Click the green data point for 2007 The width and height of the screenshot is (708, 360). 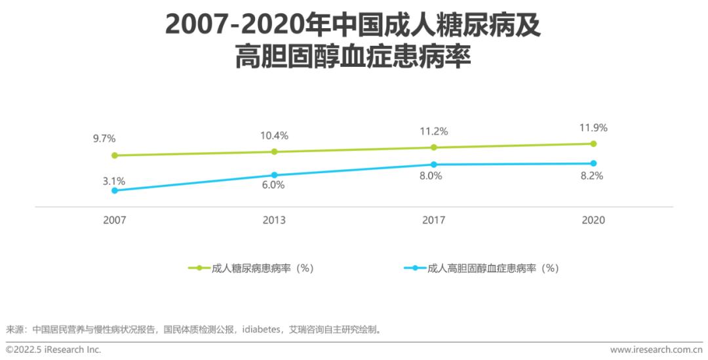pyautogui.click(x=115, y=155)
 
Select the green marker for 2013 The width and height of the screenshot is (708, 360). pyautogui.click(x=274, y=151)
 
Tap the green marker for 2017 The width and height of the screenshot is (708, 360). pyautogui.click(x=433, y=148)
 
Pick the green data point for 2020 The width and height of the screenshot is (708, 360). pyautogui.click(x=593, y=144)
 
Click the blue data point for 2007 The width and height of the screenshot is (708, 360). pyautogui.click(x=115, y=190)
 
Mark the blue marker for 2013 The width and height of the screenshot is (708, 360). pyautogui.click(x=274, y=175)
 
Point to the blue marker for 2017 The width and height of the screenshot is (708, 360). pyautogui.click(x=433, y=164)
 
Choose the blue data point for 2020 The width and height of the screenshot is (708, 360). pyautogui.click(x=593, y=163)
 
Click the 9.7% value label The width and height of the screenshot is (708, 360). pyautogui.click(x=104, y=138)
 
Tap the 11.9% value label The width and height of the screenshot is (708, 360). pyautogui.click(x=593, y=127)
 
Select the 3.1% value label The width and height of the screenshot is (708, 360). pyautogui.click(x=113, y=180)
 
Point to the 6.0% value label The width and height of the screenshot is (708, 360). pyautogui.click(x=273, y=185)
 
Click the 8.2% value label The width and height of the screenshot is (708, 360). pyautogui.click(x=593, y=176)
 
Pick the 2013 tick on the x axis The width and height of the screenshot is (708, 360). pyautogui.click(x=274, y=220)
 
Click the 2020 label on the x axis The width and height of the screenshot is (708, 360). pyautogui.click(x=593, y=220)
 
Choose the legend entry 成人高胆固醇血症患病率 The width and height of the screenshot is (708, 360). pyautogui.click(x=491, y=268)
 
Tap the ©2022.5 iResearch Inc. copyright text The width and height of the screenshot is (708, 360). pyautogui.click(x=54, y=350)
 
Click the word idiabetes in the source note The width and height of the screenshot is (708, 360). pyautogui.click(x=262, y=329)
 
